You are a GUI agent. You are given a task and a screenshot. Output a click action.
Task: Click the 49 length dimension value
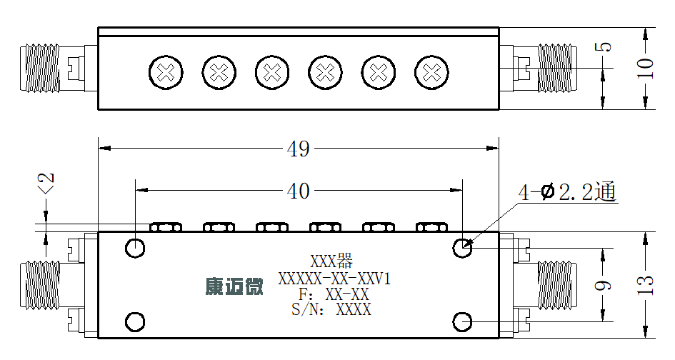pyautogui.click(x=298, y=149)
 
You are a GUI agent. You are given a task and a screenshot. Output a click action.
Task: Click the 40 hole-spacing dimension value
pyautogui.click(x=298, y=191)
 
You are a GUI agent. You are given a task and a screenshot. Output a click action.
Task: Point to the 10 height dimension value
pyautogui.click(x=645, y=68)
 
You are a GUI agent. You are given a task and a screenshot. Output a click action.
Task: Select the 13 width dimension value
pyautogui.click(x=645, y=285)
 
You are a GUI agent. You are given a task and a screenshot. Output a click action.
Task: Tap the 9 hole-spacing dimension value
pyautogui.click(x=603, y=285)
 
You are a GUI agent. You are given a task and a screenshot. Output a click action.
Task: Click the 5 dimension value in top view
pyautogui.click(x=604, y=46)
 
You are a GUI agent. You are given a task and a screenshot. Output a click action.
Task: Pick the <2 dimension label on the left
pyautogui.click(x=46, y=184)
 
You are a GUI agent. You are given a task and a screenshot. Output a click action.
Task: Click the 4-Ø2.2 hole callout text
pyautogui.click(x=567, y=192)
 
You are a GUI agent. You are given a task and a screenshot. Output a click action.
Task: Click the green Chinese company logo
pyautogui.click(x=234, y=286)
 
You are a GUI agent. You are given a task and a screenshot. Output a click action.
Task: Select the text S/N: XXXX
pyautogui.click(x=331, y=309)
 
